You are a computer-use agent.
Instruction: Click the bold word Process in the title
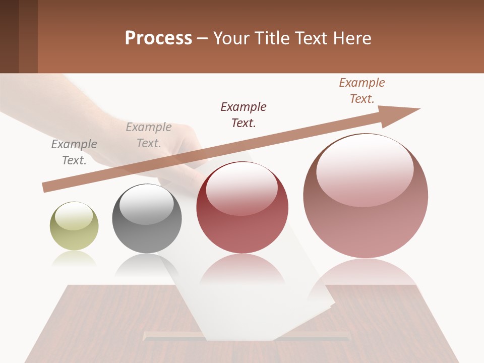coord(158,38)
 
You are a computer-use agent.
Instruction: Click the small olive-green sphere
coord(74,226)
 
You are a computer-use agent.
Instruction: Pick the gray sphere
coord(147,218)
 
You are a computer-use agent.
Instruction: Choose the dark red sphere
coord(242,208)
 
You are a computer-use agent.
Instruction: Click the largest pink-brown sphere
coord(366,196)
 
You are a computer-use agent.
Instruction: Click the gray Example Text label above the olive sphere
coord(74,152)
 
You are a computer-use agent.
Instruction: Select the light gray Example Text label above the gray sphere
coord(149,135)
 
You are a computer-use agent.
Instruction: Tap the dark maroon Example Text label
coord(244,114)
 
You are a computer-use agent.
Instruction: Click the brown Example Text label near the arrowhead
coord(362,91)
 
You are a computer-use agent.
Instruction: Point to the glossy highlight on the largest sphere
coord(365,171)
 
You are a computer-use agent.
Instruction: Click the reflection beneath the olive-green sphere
coord(74,259)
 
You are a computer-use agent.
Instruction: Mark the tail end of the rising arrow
coord(46,187)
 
